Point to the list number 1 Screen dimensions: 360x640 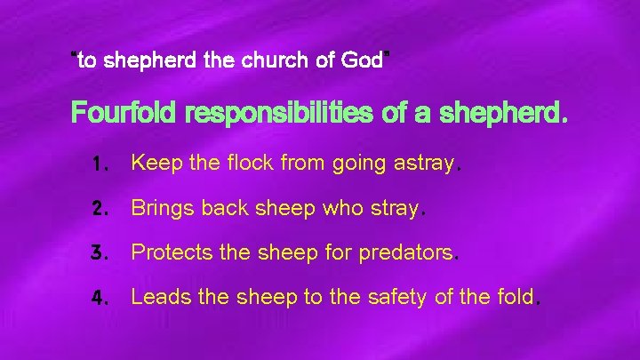(x=100, y=164)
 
